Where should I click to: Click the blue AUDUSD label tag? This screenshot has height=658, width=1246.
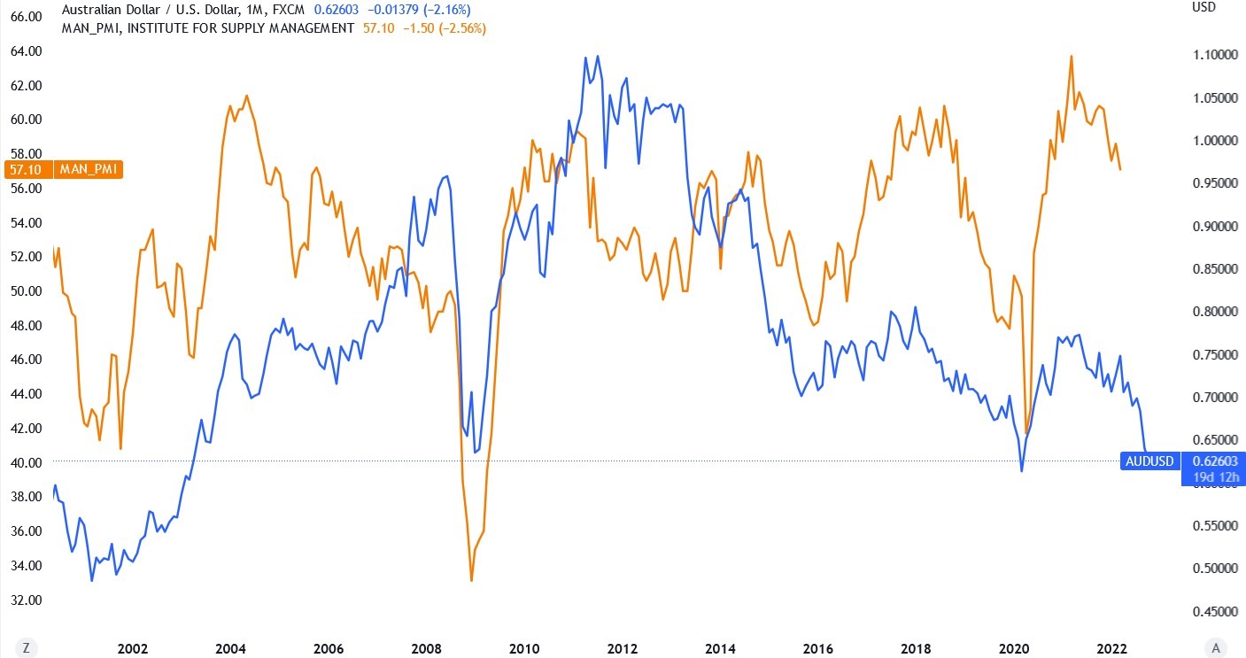(x=1149, y=461)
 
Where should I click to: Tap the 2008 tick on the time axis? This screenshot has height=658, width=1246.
(x=426, y=648)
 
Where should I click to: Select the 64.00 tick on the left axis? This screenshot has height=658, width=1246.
(x=26, y=50)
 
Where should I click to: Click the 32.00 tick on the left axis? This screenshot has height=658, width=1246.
(x=26, y=600)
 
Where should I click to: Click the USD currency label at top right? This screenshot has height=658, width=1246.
(x=1204, y=7)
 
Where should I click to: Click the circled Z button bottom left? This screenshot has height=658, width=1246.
(x=27, y=648)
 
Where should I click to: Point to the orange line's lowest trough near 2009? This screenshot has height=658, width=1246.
(x=471, y=581)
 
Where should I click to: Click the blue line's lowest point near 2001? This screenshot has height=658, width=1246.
(x=92, y=581)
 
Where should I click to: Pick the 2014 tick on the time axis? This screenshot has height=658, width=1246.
(x=720, y=648)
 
